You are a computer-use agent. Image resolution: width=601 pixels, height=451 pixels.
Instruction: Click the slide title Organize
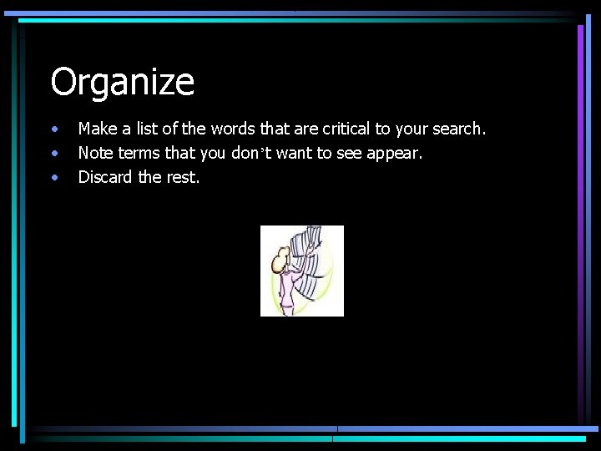[122, 83]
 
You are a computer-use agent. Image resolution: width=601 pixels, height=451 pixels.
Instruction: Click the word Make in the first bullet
[96, 129]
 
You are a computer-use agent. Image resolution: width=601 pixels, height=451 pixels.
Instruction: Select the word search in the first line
[457, 129]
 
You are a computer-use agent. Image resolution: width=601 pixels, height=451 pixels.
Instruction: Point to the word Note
[95, 153]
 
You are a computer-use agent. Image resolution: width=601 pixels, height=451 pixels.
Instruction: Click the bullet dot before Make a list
[54, 130]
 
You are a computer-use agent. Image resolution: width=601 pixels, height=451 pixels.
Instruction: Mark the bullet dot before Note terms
[54, 154]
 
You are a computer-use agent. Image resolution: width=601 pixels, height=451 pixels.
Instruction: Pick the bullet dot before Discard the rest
[54, 177]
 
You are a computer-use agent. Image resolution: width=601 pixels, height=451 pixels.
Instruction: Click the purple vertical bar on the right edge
[581, 217]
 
